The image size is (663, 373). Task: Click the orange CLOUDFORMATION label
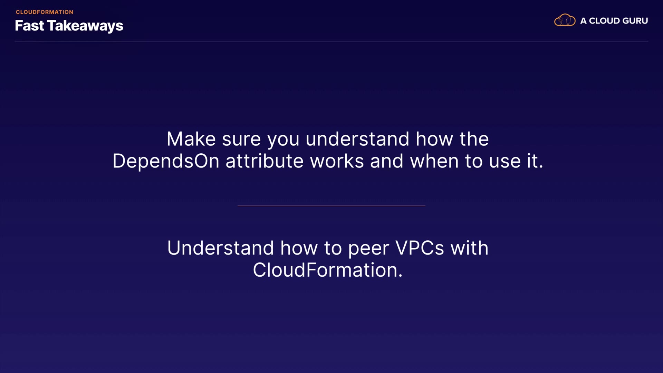pos(45,12)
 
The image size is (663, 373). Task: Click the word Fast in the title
pos(29,26)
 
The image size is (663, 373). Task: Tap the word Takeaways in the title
pos(85,26)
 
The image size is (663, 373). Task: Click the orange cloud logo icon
pos(565,20)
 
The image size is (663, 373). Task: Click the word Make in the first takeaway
pos(191,139)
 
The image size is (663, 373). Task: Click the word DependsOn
pos(166,161)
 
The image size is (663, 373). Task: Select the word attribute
pos(265,161)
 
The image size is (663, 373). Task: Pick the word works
pos(337,161)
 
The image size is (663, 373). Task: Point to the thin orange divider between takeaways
pos(331,205)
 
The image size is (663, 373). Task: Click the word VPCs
pos(420,248)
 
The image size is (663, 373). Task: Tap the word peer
pos(368,249)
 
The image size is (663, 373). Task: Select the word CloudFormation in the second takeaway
pos(328,270)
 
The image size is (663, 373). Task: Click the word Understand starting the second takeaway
pos(221,248)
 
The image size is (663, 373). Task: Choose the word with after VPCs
pos(469,248)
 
